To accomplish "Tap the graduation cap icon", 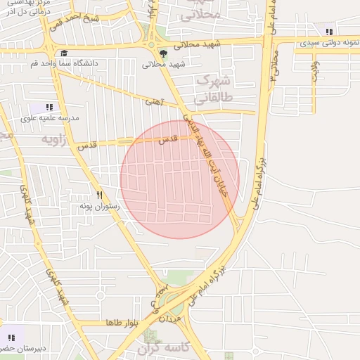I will pyautogui.click(x=63, y=53).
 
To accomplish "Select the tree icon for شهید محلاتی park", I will pyautogui.click(x=163, y=53).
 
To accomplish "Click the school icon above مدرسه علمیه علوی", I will pyautogui.click(x=49, y=107).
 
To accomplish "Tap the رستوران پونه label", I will pyautogui.click(x=100, y=206).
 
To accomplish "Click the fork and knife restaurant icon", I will pyautogui.click(x=100, y=195).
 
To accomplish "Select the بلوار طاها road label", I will pyautogui.click(x=123, y=322).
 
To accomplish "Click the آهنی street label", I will pyautogui.click(x=153, y=103).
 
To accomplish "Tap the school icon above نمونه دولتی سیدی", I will pyautogui.click(x=328, y=31).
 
